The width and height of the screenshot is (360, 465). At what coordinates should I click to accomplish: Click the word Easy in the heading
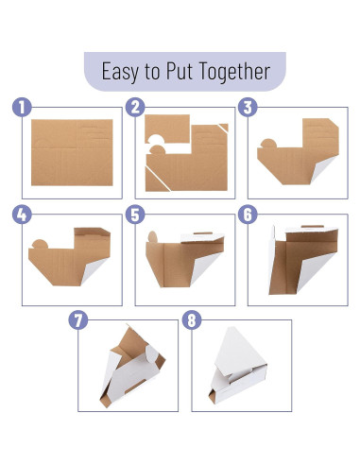pos(120,72)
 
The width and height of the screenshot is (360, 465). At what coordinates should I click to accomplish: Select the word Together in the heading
pos(234,72)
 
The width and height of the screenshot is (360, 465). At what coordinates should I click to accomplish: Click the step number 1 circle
pos(22,107)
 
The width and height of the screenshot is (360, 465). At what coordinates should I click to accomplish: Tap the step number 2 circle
pos(135,107)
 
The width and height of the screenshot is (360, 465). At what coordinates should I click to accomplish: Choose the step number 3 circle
pos(248,107)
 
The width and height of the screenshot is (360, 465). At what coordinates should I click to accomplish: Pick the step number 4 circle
pos(22,215)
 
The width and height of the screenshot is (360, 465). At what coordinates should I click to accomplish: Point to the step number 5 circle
pos(135,215)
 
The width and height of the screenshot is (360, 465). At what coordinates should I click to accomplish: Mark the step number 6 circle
pos(248,215)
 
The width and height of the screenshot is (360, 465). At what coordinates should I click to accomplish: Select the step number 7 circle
pos(78,320)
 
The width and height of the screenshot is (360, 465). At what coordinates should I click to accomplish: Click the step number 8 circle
pos(192,320)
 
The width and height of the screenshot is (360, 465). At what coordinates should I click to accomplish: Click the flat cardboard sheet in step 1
pos(72,152)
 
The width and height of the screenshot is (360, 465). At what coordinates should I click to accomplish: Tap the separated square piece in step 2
pos(167,129)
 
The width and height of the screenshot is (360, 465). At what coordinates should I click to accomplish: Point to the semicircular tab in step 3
pos(269,144)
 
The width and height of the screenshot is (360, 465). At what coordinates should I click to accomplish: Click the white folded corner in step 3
pos(323,168)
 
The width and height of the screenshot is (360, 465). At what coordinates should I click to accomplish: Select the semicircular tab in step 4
pos(40,245)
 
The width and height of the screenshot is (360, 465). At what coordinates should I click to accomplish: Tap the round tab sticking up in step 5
pos(152,237)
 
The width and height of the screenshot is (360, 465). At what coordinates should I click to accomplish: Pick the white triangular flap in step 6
pos(314,271)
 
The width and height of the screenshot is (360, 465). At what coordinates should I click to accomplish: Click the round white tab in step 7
pos(151,354)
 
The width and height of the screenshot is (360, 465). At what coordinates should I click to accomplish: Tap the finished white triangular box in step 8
pos(238,366)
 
